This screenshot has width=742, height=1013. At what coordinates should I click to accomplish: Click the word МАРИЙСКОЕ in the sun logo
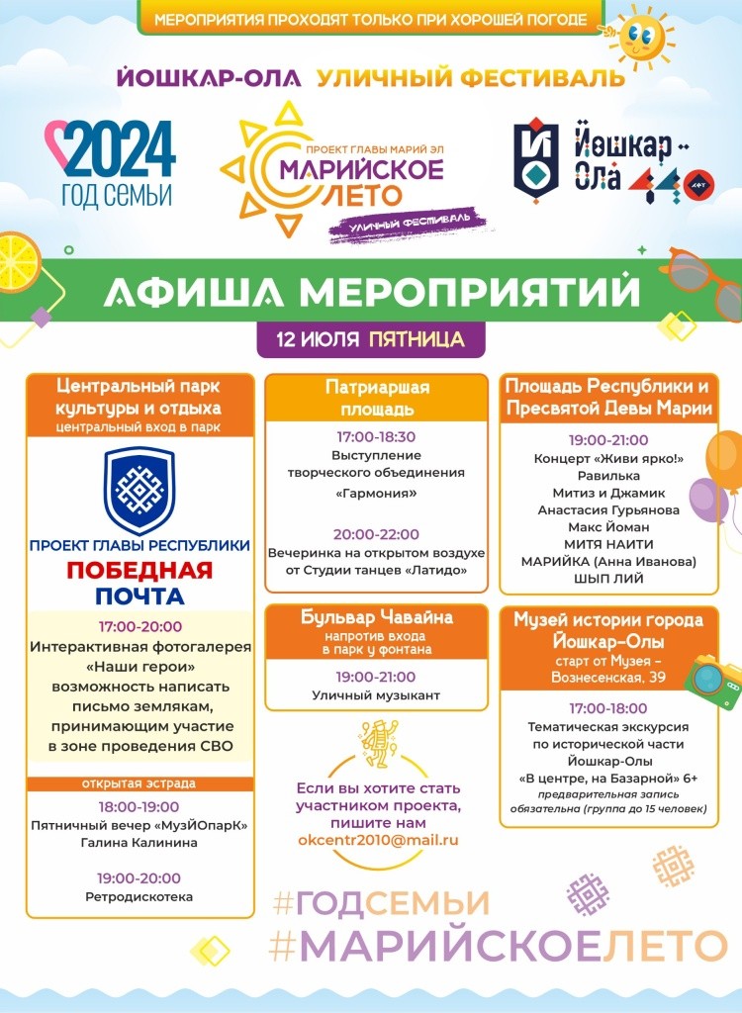click(361, 169)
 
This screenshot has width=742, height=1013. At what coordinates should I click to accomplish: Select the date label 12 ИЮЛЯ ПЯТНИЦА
click(371, 339)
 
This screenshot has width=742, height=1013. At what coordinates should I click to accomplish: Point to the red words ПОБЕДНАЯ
click(139, 571)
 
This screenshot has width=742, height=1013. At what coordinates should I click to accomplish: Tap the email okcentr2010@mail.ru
click(379, 840)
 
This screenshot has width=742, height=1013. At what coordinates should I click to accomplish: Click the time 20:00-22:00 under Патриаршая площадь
click(376, 534)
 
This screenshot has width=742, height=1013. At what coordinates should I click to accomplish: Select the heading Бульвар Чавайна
click(376, 618)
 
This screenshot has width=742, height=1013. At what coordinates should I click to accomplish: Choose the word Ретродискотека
click(139, 896)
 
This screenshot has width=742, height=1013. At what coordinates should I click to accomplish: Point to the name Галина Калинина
click(139, 842)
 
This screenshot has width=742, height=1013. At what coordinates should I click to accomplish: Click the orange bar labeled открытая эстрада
click(139, 783)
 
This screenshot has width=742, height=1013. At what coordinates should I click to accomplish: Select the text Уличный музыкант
click(376, 695)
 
